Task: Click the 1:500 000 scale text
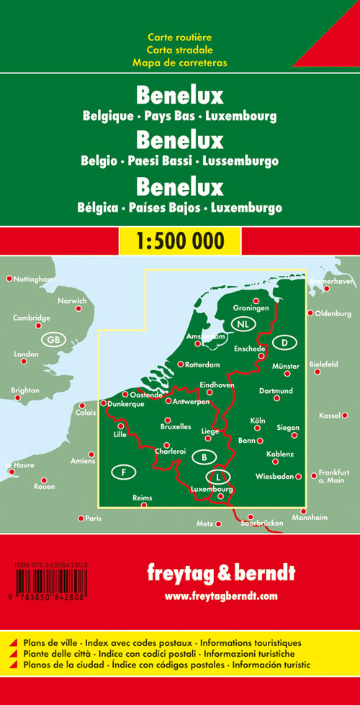pyautogui.click(x=179, y=239)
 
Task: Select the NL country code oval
pyautogui.click(x=246, y=323)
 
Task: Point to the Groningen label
pyautogui.click(x=251, y=308)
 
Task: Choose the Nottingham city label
pyautogui.click(x=33, y=279)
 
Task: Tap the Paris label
pyautogui.click(x=93, y=518)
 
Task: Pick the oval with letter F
pyautogui.click(x=125, y=472)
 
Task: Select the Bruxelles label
pyautogui.click(x=176, y=426)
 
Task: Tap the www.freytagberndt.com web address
pyautogui.click(x=220, y=596)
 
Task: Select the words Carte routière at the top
pyautogui.click(x=179, y=37)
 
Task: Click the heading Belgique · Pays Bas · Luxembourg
pyautogui.click(x=179, y=114)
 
